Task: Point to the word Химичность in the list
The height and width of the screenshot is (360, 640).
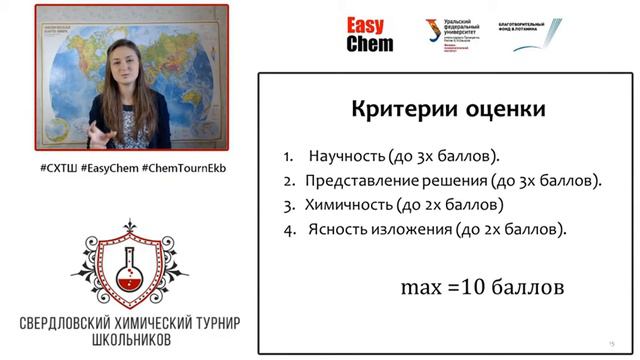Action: pyautogui.click(x=350, y=205)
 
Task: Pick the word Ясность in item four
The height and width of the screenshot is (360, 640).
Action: pyautogui.click(x=336, y=229)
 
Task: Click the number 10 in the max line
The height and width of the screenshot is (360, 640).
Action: pyautogui.click(x=471, y=287)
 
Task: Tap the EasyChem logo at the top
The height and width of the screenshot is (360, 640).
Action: pyautogui.click(x=370, y=34)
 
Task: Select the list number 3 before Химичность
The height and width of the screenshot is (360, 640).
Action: pyautogui.click(x=287, y=205)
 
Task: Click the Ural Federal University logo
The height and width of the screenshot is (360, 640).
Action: pyautogui.click(x=460, y=33)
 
